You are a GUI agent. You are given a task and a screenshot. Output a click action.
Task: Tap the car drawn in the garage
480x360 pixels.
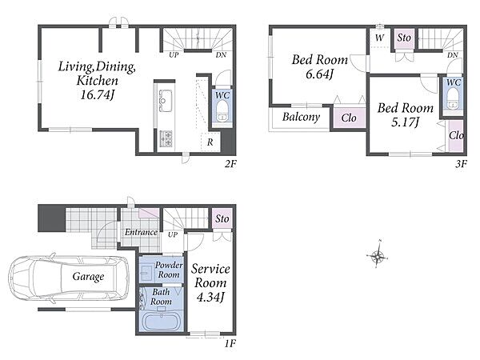pyautogui.click(x=69, y=278)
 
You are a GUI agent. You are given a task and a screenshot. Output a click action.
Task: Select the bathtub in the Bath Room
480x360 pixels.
pyautogui.click(x=162, y=321)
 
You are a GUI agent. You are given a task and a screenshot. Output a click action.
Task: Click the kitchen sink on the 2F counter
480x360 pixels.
pyautogui.click(x=165, y=100)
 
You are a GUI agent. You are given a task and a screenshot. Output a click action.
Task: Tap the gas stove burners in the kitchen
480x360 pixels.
pyautogui.click(x=166, y=138)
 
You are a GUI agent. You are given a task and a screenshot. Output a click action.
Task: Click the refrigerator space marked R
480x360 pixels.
pyautogui.click(x=210, y=142)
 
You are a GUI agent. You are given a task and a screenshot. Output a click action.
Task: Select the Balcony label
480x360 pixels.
pyautogui.click(x=301, y=117)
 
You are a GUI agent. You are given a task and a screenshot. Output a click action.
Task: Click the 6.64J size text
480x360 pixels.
pyautogui.click(x=319, y=74)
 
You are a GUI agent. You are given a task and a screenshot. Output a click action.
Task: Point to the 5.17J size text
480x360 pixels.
pyautogui.click(x=405, y=122)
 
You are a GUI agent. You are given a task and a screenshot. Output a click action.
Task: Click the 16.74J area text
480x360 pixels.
pyautogui.click(x=97, y=95)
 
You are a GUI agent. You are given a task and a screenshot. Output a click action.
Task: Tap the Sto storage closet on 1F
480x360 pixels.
pyautogui.click(x=222, y=218)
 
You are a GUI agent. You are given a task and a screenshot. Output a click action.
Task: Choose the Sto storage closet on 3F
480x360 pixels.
pyautogui.click(x=404, y=38)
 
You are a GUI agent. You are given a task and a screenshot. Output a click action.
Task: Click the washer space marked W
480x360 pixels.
pyautogui.click(x=379, y=38)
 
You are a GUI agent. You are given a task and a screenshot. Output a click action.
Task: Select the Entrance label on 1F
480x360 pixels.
pyautogui.click(x=141, y=232)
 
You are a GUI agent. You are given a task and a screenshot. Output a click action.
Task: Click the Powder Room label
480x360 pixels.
pyautogui.click(x=169, y=270)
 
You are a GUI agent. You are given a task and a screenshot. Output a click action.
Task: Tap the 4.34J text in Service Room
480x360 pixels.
pyautogui.click(x=210, y=298)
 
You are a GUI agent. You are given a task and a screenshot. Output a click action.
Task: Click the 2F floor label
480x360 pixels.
pyautogui.click(x=230, y=164)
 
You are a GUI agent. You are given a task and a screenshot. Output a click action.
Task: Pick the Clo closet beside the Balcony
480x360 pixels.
pyautogui.click(x=350, y=118)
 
